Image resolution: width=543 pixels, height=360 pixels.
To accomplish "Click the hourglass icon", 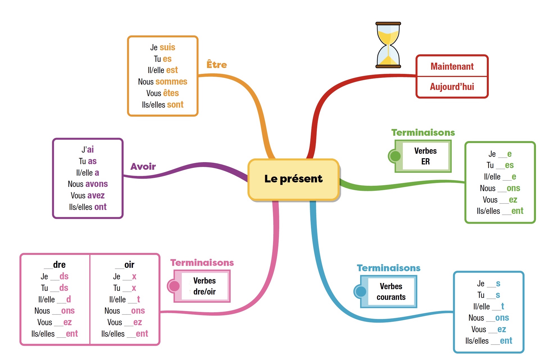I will point(388,45).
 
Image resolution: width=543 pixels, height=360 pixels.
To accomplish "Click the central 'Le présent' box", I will point(294,179).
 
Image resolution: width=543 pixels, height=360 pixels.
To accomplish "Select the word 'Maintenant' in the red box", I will point(452,66).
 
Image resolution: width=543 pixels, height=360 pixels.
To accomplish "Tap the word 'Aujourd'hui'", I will point(452,87).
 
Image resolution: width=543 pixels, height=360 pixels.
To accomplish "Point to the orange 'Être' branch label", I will point(217,65).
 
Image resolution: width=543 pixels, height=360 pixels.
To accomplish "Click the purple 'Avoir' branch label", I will point(143,167).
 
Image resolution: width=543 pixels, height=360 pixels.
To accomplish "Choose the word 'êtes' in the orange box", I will point(171,93).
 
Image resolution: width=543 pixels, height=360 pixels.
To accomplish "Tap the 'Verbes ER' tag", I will point(425,156).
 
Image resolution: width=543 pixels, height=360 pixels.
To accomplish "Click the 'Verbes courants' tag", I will point(391,292).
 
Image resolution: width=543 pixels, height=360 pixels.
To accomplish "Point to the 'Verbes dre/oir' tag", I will point(205,286).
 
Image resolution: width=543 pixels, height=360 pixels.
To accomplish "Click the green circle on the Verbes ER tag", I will point(395,156).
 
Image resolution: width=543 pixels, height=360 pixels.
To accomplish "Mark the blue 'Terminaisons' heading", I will point(388,268).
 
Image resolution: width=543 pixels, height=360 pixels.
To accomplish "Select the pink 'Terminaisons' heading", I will point(202,262).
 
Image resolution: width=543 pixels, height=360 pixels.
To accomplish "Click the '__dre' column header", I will point(55,265).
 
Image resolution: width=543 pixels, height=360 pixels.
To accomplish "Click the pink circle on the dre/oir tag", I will point(174,286).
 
